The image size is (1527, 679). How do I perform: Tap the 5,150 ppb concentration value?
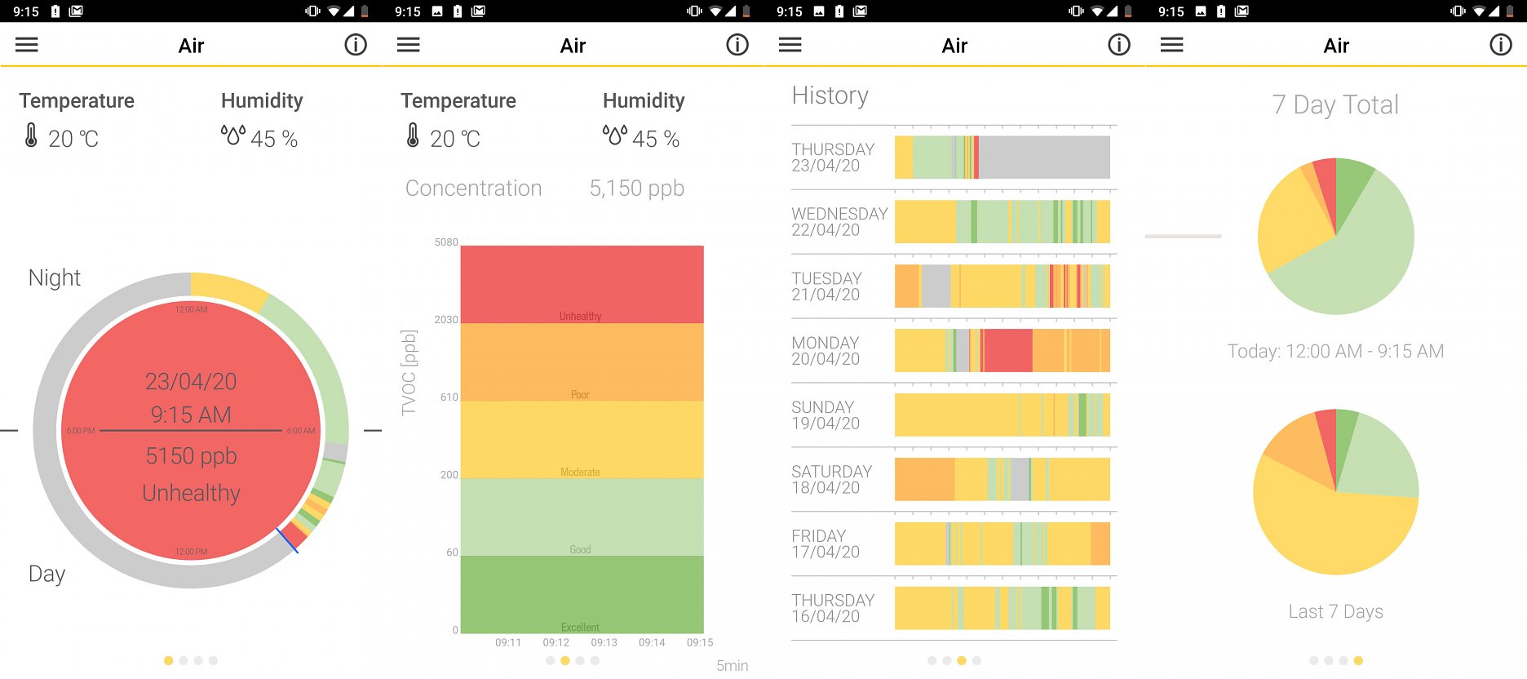tap(636, 189)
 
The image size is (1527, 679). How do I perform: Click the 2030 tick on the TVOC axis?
tap(446, 320)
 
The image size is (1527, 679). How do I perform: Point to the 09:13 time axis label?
tap(604, 643)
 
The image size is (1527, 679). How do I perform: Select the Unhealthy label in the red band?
tap(580, 317)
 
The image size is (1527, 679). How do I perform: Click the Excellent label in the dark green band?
tap(580, 628)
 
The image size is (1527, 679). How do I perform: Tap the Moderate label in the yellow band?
tap(580, 473)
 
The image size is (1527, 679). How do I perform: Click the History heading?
tap(830, 96)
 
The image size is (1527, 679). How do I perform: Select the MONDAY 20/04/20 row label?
tap(825, 351)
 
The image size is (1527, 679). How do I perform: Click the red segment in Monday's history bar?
tap(1008, 350)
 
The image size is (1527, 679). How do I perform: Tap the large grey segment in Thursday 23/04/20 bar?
tap(1044, 157)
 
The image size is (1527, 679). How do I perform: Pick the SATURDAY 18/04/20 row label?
tap(831, 480)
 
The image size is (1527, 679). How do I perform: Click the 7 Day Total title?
tap(1335, 105)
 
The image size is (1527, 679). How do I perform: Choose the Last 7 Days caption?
tap(1335, 612)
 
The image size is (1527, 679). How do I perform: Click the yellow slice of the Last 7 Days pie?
tap(1330, 530)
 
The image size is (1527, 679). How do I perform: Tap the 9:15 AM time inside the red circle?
tap(191, 415)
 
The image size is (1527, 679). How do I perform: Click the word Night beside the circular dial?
tap(55, 278)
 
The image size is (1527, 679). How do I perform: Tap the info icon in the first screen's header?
tap(356, 45)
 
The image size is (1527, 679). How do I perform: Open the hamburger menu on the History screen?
tap(790, 45)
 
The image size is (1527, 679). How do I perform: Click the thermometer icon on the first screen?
tap(31, 135)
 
